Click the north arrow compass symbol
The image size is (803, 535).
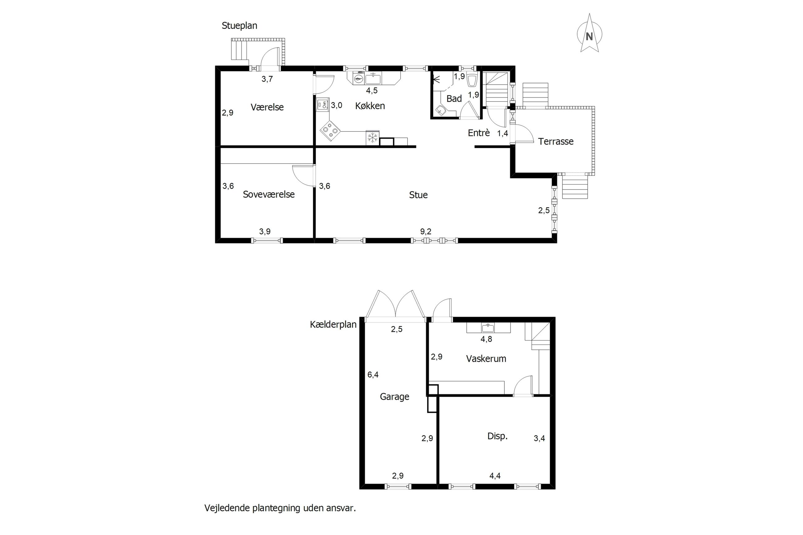pyautogui.click(x=589, y=33)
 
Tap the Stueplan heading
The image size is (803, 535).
pyautogui.click(x=239, y=26)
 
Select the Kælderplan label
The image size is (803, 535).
pyautogui.click(x=333, y=324)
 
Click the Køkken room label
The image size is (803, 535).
pyautogui.click(x=370, y=106)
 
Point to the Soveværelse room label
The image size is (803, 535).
pyautogui.click(x=269, y=194)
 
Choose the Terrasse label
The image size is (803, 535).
pyautogui.click(x=556, y=141)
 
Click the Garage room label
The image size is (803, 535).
pyautogui.click(x=394, y=396)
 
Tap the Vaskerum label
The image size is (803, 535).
pyautogui.click(x=486, y=359)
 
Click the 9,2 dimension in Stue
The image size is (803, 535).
pyautogui.click(x=426, y=232)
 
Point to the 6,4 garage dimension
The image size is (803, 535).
pyautogui.click(x=373, y=375)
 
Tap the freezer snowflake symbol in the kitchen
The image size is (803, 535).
pyautogui.click(x=372, y=138)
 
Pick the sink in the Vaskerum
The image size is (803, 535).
pyautogui.click(x=488, y=328)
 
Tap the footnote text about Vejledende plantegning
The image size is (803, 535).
pyautogui.click(x=280, y=508)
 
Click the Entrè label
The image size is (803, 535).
pyautogui.click(x=479, y=133)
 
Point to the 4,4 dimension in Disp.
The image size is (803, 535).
pyautogui.click(x=495, y=476)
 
